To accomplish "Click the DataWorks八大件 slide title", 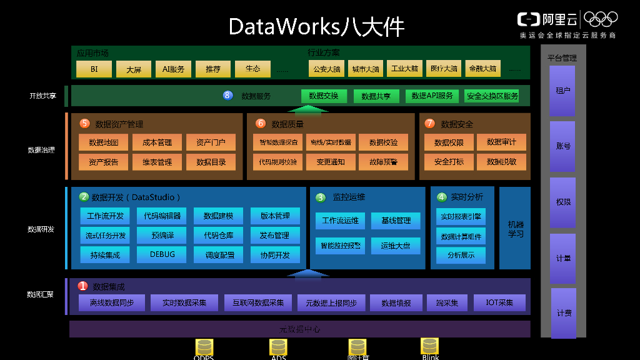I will (x=316, y=27).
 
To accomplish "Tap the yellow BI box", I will (x=94, y=69).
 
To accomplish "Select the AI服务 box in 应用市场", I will (x=173, y=69).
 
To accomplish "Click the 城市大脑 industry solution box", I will (x=366, y=69).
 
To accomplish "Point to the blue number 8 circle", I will (x=227, y=96).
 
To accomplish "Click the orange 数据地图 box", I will (x=104, y=142).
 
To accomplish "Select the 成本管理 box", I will (x=157, y=142).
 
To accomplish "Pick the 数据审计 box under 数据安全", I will (x=501, y=142).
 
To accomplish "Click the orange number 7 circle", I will (x=429, y=124).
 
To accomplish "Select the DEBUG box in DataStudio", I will (x=162, y=254).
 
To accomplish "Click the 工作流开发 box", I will (x=105, y=216).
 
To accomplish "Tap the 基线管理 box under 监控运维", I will (x=396, y=221).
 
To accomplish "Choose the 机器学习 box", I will (x=516, y=229).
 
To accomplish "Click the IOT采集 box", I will (x=499, y=303).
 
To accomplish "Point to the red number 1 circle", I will (x=82, y=286).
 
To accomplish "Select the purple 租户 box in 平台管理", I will (x=562, y=91).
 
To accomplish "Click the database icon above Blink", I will (x=429, y=346).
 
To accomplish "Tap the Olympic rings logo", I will (x=600, y=19).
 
